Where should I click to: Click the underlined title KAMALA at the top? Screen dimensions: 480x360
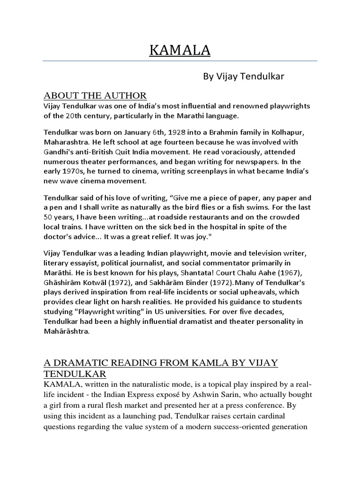180,50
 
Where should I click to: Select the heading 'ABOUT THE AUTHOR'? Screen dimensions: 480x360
95,96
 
